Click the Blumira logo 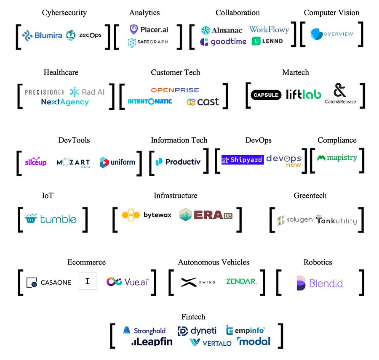(43, 35)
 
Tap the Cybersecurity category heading (64, 13)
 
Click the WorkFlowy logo (269, 29)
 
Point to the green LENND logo (267, 41)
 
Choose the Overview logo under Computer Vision (332, 34)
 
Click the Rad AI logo (87, 92)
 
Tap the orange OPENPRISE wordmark (175, 90)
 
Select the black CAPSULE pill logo (266, 95)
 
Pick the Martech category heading (295, 72)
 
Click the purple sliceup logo (36, 162)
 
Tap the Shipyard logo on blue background (242, 160)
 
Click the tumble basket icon (31, 219)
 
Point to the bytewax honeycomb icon (131, 215)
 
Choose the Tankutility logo (336, 220)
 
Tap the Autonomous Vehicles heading (214, 262)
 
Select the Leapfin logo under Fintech (152, 342)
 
